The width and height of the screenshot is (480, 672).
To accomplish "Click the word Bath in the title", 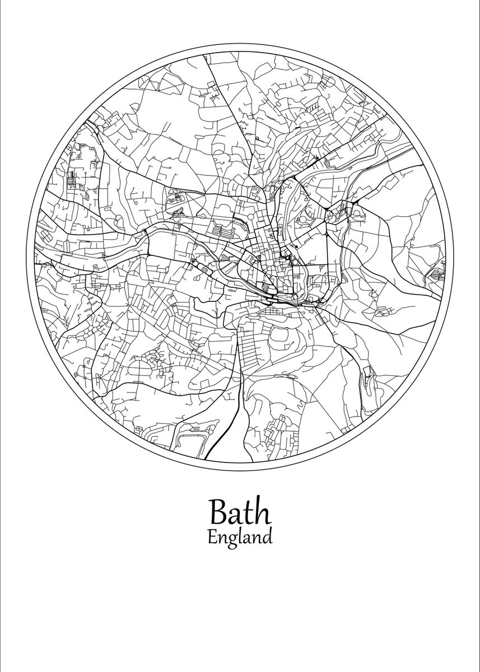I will pos(240,511).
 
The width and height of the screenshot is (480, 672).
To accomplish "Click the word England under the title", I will pos(240,538).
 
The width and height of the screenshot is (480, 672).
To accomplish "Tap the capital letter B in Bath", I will pos(218,512).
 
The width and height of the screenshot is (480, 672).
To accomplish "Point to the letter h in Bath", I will pos(263,511).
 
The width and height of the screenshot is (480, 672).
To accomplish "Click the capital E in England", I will pos(212,537).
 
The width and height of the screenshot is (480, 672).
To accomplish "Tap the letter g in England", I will pos(231,540).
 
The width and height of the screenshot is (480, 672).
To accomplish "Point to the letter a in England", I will pos(248,539).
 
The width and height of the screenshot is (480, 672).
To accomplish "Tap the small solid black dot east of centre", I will pos(291,258).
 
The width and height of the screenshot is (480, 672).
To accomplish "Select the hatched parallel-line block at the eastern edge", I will pos(435,274).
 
